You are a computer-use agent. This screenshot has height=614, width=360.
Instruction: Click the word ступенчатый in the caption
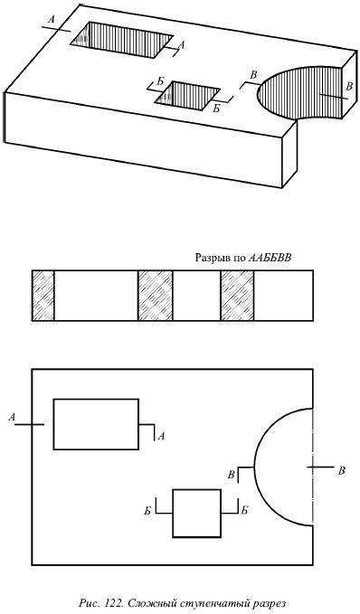[x=204, y=604]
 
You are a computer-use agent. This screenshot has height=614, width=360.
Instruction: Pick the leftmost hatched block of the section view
[x=43, y=296]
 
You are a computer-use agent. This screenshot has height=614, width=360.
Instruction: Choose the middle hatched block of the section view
[x=156, y=296]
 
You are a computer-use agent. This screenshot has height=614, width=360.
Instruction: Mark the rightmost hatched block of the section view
[x=237, y=296]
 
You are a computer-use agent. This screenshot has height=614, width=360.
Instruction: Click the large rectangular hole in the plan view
[x=96, y=424]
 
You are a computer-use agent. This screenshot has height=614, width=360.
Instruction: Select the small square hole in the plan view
[x=197, y=513]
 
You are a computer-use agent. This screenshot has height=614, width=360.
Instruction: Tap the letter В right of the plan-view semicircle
[x=342, y=471]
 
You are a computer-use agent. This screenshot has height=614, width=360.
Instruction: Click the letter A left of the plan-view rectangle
[x=12, y=418]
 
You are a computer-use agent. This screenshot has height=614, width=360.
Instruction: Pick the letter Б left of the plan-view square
[x=147, y=511]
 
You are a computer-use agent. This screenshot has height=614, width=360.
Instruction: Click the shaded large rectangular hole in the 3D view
[x=121, y=39]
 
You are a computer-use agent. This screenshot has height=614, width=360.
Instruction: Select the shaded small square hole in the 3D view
[x=187, y=95]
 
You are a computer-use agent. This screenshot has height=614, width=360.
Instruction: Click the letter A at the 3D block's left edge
[x=52, y=20]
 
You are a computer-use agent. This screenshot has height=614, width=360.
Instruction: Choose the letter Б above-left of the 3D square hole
[x=160, y=81]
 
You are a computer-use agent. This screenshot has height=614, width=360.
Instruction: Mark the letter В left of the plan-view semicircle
[x=232, y=475]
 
